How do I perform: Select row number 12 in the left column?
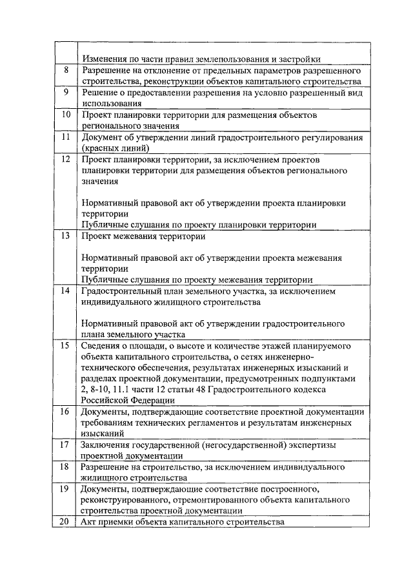tap(65, 159)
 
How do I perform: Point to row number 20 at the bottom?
tap(65, 522)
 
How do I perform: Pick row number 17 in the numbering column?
tap(65, 444)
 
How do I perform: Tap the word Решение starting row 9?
tap(99, 92)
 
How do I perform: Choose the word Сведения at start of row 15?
tap(101, 346)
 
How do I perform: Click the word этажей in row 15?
tap(242, 346)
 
